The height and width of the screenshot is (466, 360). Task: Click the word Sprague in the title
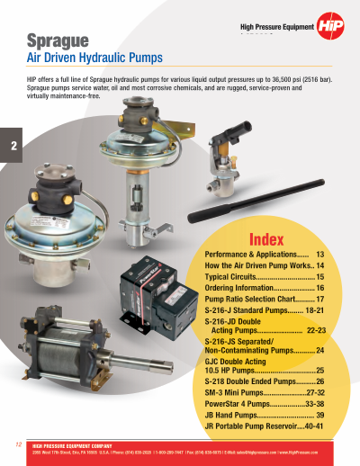coord(57,41)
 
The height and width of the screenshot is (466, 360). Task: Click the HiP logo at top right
coord(332,30)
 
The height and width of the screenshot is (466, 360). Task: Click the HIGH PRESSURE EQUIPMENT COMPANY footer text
coord(71,445)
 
